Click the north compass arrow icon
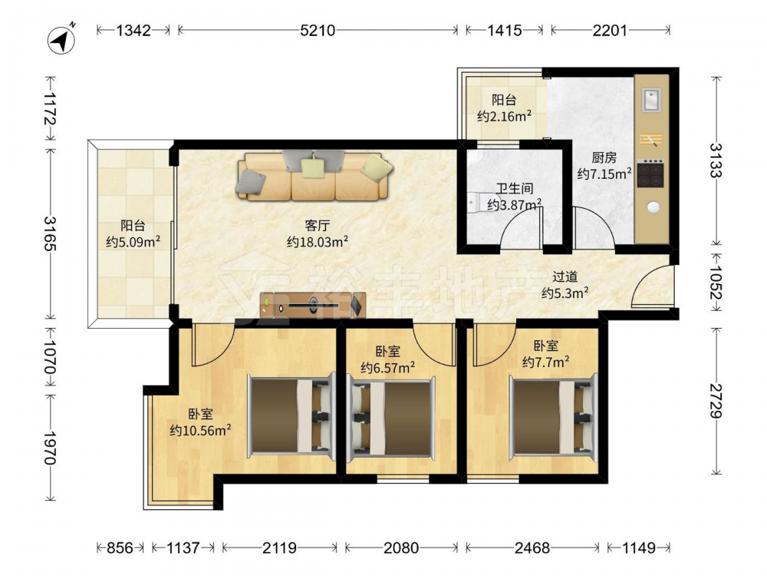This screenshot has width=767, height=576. tap(61, 40)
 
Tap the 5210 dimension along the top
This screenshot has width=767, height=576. tap(318, 31)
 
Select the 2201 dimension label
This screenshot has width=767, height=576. tap(610, 31)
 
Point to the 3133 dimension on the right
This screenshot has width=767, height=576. tap(716, 161)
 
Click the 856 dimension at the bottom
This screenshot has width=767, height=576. tap(120, 547)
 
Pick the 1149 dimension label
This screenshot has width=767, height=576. tap(638, 547)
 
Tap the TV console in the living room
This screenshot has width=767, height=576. tap(313, 305)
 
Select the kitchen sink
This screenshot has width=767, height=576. tap(651, 100)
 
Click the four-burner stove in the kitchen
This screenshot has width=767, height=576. tap(650, 174)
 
